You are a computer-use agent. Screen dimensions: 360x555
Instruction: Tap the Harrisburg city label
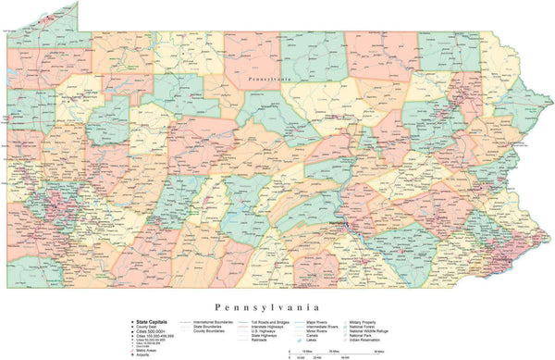coord(339,224)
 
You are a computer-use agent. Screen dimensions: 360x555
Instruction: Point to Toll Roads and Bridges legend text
coord(277,321)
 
